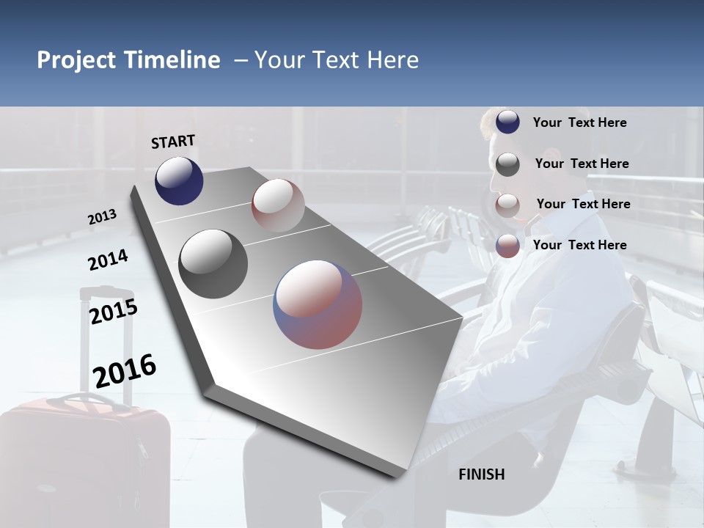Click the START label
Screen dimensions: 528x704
pos(173,141)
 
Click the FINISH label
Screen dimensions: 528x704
pos(482,474)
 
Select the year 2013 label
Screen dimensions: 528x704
pos(102,217)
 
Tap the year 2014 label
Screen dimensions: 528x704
pos(108,260)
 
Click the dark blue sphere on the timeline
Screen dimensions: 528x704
pos(179,180)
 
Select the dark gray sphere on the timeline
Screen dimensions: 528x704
pos(213,264)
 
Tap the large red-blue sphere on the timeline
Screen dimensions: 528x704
pos(318,304)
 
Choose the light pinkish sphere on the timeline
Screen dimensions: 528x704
pos(278,205)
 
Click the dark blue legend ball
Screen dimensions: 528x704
pos(507,122)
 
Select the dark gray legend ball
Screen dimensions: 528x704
pos(507,164)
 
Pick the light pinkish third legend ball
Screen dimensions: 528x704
pos(507,205)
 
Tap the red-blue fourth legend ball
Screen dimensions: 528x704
pos(507,246)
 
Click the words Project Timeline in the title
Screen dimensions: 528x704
pos(128,60)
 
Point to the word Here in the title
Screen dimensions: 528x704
pos(392,60)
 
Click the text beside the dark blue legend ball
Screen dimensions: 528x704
pos(579,122)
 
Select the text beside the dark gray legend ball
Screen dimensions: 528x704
pos(582,164)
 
